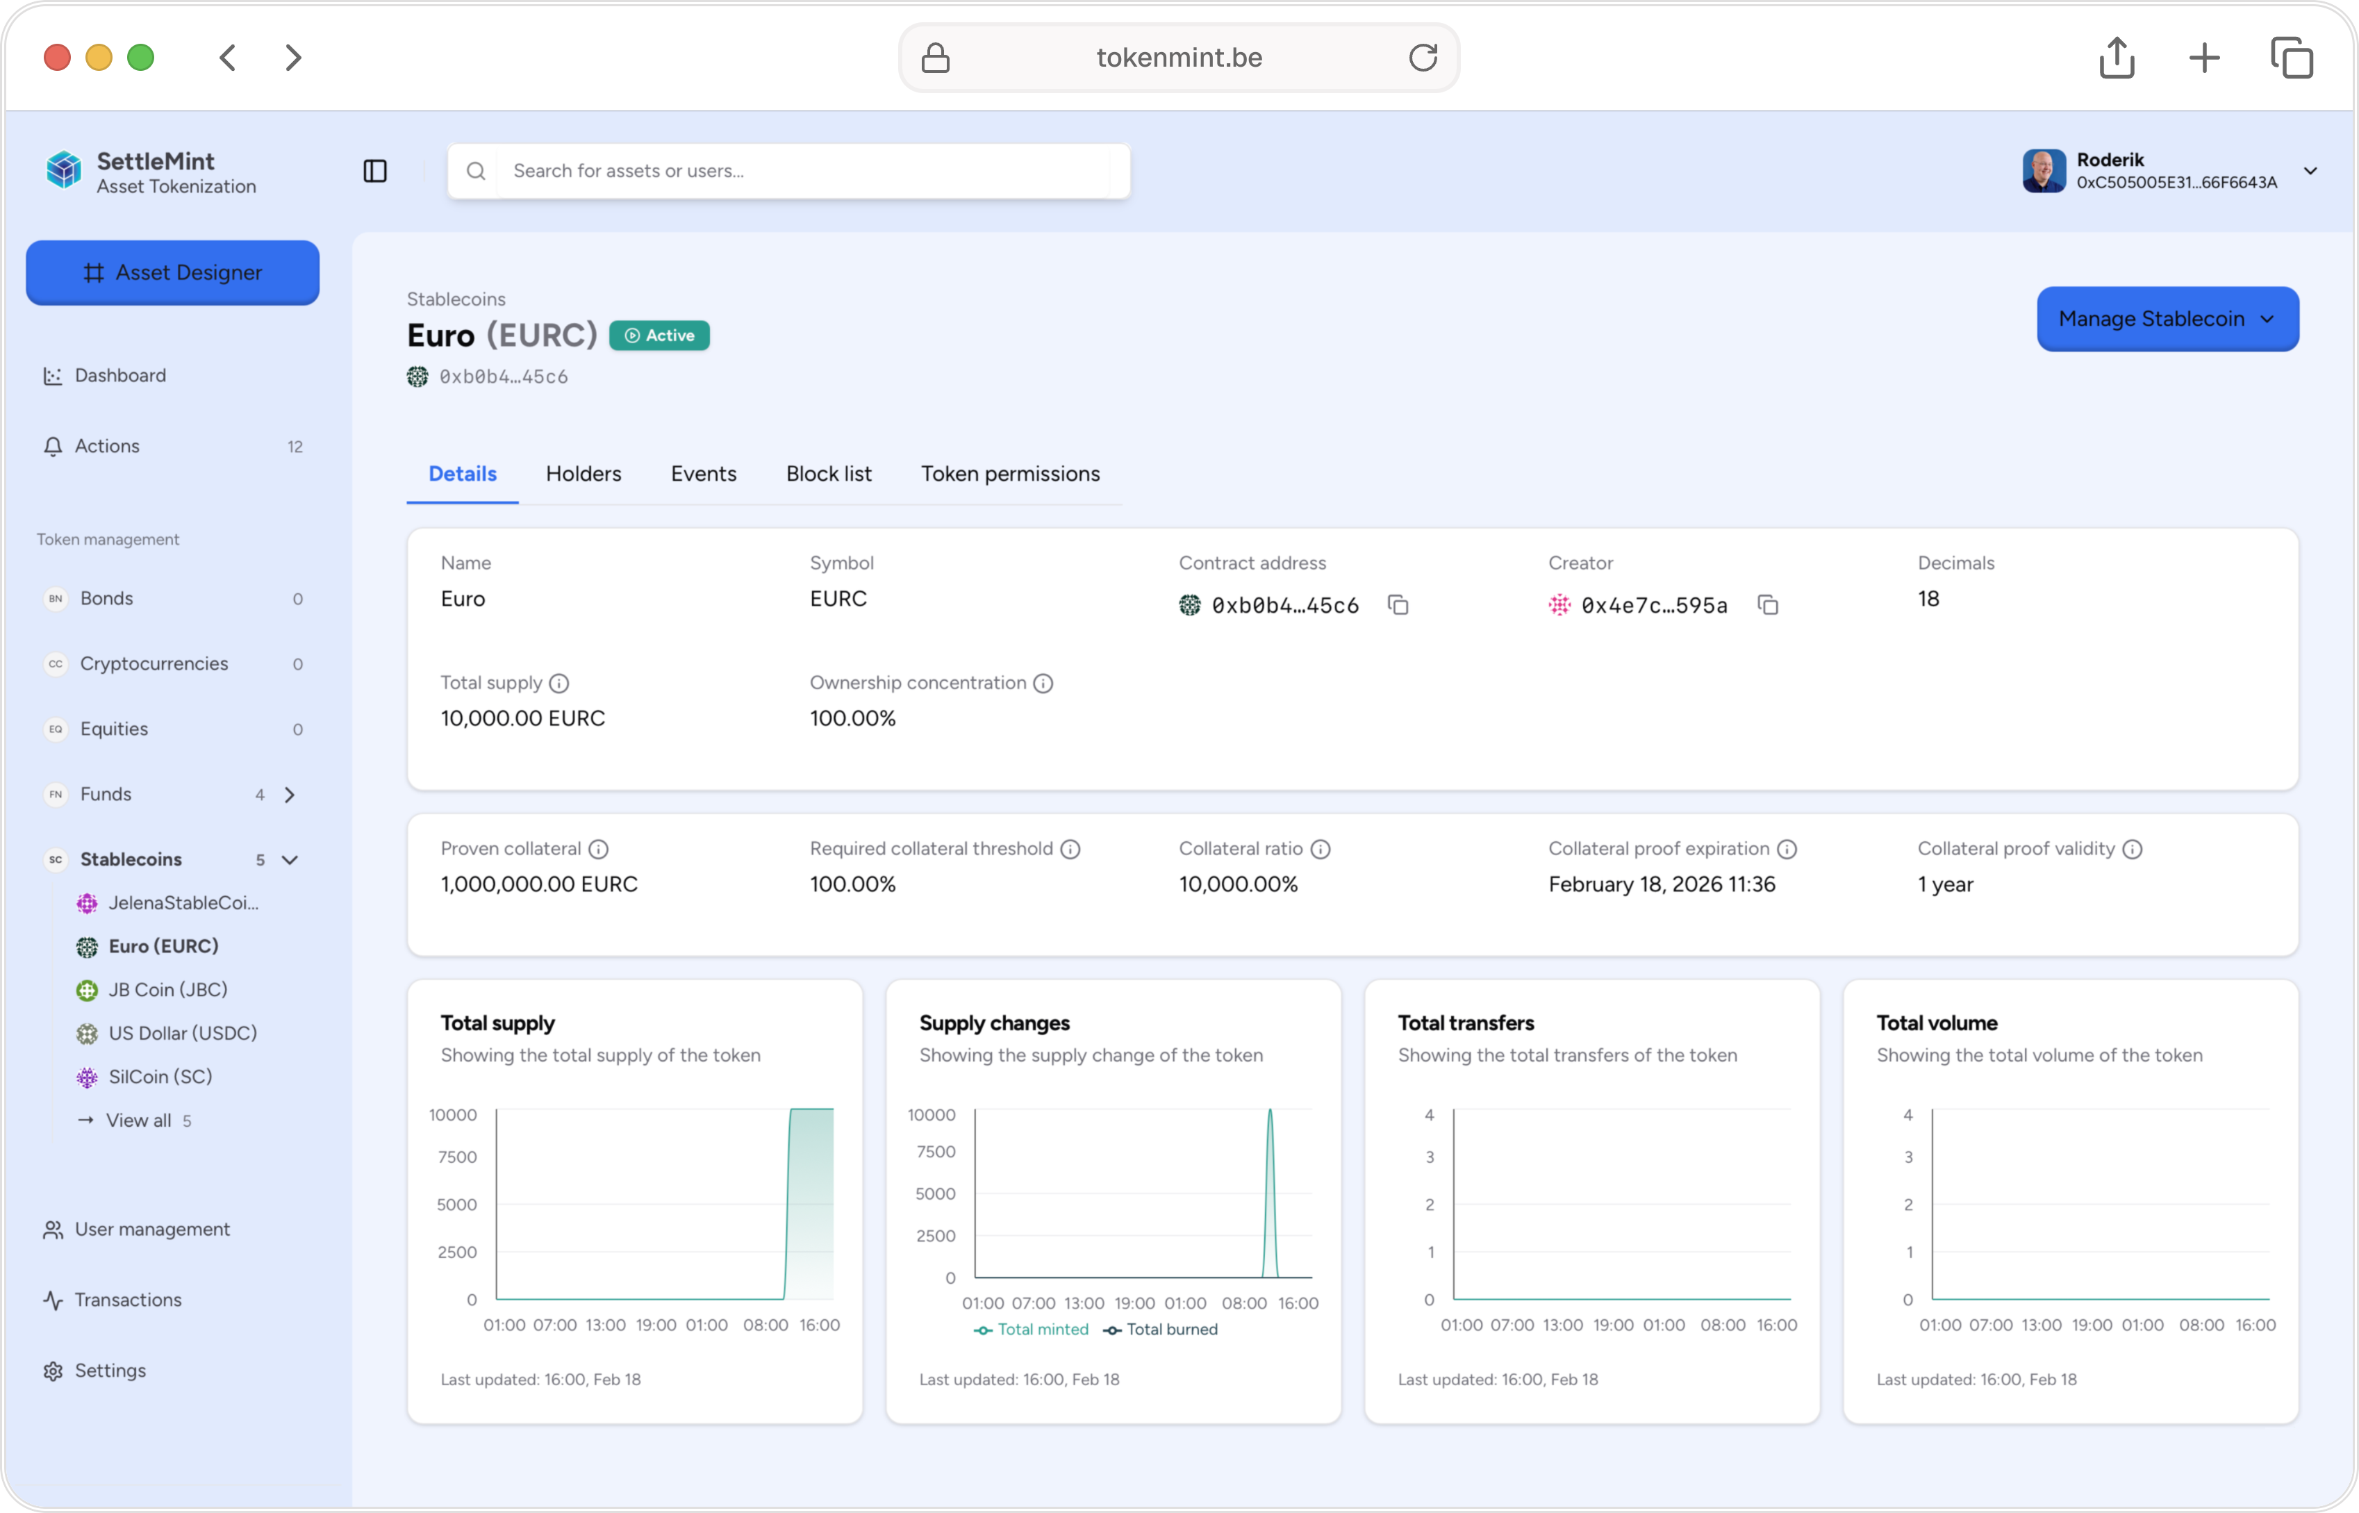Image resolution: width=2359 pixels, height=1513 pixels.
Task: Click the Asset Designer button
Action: click(173, 272)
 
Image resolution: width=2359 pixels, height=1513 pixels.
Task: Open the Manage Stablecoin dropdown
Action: click(2167, 318)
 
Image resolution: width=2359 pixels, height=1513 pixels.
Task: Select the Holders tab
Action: click(583, 474)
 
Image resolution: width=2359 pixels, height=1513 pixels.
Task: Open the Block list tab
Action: click(828, 474)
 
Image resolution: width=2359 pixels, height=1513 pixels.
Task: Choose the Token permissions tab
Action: click(1010, 474)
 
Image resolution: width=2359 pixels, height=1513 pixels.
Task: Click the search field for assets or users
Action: click(789, 171)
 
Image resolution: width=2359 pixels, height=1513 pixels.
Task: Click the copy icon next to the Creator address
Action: click(1768, 605)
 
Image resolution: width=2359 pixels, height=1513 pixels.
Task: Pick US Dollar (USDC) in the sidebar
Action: click(183, 1032)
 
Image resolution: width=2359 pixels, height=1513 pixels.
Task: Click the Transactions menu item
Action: click(128, 1300)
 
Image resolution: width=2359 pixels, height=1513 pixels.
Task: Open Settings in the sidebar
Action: click(110, 1371)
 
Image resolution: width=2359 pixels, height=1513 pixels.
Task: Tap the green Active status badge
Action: click(659, 335)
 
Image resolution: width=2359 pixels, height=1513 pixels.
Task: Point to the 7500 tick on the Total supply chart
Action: click(458, 1157)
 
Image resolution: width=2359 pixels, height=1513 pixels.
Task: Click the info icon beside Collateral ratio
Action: click(1321, 849)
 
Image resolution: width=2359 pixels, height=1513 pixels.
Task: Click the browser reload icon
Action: click(1423, 57)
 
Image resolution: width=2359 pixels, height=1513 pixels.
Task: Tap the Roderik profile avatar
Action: click(2044, 171)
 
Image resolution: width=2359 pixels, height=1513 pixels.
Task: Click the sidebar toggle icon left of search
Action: click(375, 171)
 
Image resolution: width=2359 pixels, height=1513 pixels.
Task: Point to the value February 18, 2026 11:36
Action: click(1662, 884)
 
